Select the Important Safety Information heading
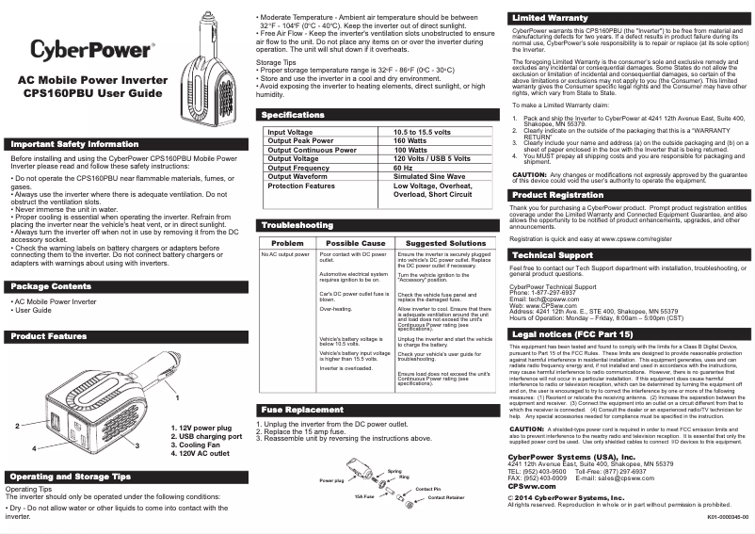[x=74, y=144]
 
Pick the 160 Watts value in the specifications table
[x=410, y=140]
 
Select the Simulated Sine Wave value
[x=428, y=177]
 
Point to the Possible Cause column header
[x=355, y=243]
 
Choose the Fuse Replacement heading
[x=302, y=410]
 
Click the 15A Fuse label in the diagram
[x=364, y=495]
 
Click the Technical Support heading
[x=553, y=255]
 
